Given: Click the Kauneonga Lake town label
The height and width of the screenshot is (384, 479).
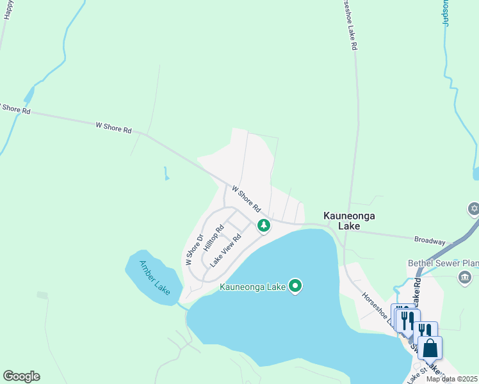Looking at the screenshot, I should (x=341, y=221).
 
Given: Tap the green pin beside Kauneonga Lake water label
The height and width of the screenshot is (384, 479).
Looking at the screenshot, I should (x=295, y=285).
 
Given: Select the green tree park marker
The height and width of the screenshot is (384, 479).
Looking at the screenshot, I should (x=263, y=225).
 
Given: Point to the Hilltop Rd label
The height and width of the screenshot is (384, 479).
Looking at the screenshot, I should (x=213, y=237).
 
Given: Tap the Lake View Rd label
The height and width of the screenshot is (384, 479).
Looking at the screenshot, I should (x=225, y=250).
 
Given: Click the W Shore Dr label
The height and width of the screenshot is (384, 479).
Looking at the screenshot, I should (x=194, y=250).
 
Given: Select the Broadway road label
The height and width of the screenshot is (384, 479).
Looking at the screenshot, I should (x=429, y=241).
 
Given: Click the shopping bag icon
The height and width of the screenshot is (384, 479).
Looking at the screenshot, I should (x=430, y=349).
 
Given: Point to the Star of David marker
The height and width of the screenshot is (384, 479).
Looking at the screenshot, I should (x=473, y=209).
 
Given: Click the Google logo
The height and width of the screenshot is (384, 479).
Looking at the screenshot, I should (x=21, y=376).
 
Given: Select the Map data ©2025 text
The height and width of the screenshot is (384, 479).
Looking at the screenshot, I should (x=452, y=379).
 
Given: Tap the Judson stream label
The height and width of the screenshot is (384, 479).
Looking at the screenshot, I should (x=446, y=13).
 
